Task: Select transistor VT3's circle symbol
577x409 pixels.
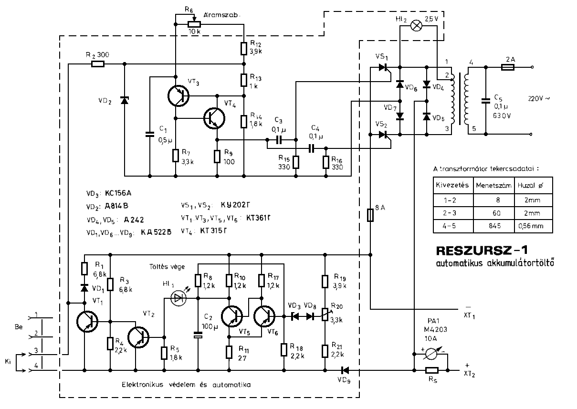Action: click(178, 95)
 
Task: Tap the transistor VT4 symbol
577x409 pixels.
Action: click(214, 117)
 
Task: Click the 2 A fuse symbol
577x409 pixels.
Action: click(507, 68)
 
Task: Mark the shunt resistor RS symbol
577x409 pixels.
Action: click(432, 370)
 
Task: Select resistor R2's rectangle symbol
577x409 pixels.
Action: click(98, 63)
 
